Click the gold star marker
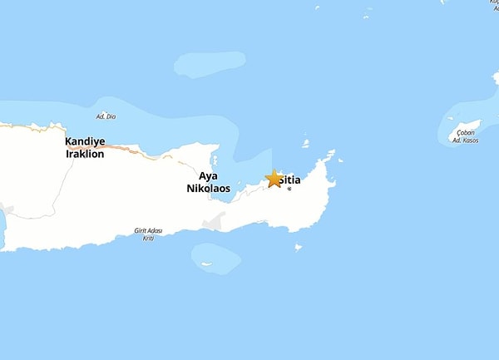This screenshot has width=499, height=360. (274, 179)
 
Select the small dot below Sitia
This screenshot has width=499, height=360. (289, 190)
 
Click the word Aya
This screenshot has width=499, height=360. (208, 176)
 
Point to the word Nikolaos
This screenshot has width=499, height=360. (208, 189)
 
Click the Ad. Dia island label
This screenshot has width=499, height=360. (106, 116)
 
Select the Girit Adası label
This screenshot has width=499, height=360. (147, 230)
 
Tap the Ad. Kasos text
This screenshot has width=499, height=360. (465, 141)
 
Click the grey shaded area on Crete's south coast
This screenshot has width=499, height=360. (215, 222)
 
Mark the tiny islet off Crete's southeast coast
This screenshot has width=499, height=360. (298, 247)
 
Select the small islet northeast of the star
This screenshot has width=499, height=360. (305, 144)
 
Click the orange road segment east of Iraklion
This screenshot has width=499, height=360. (125, 150)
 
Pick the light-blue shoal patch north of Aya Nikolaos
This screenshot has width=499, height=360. (210, 65)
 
